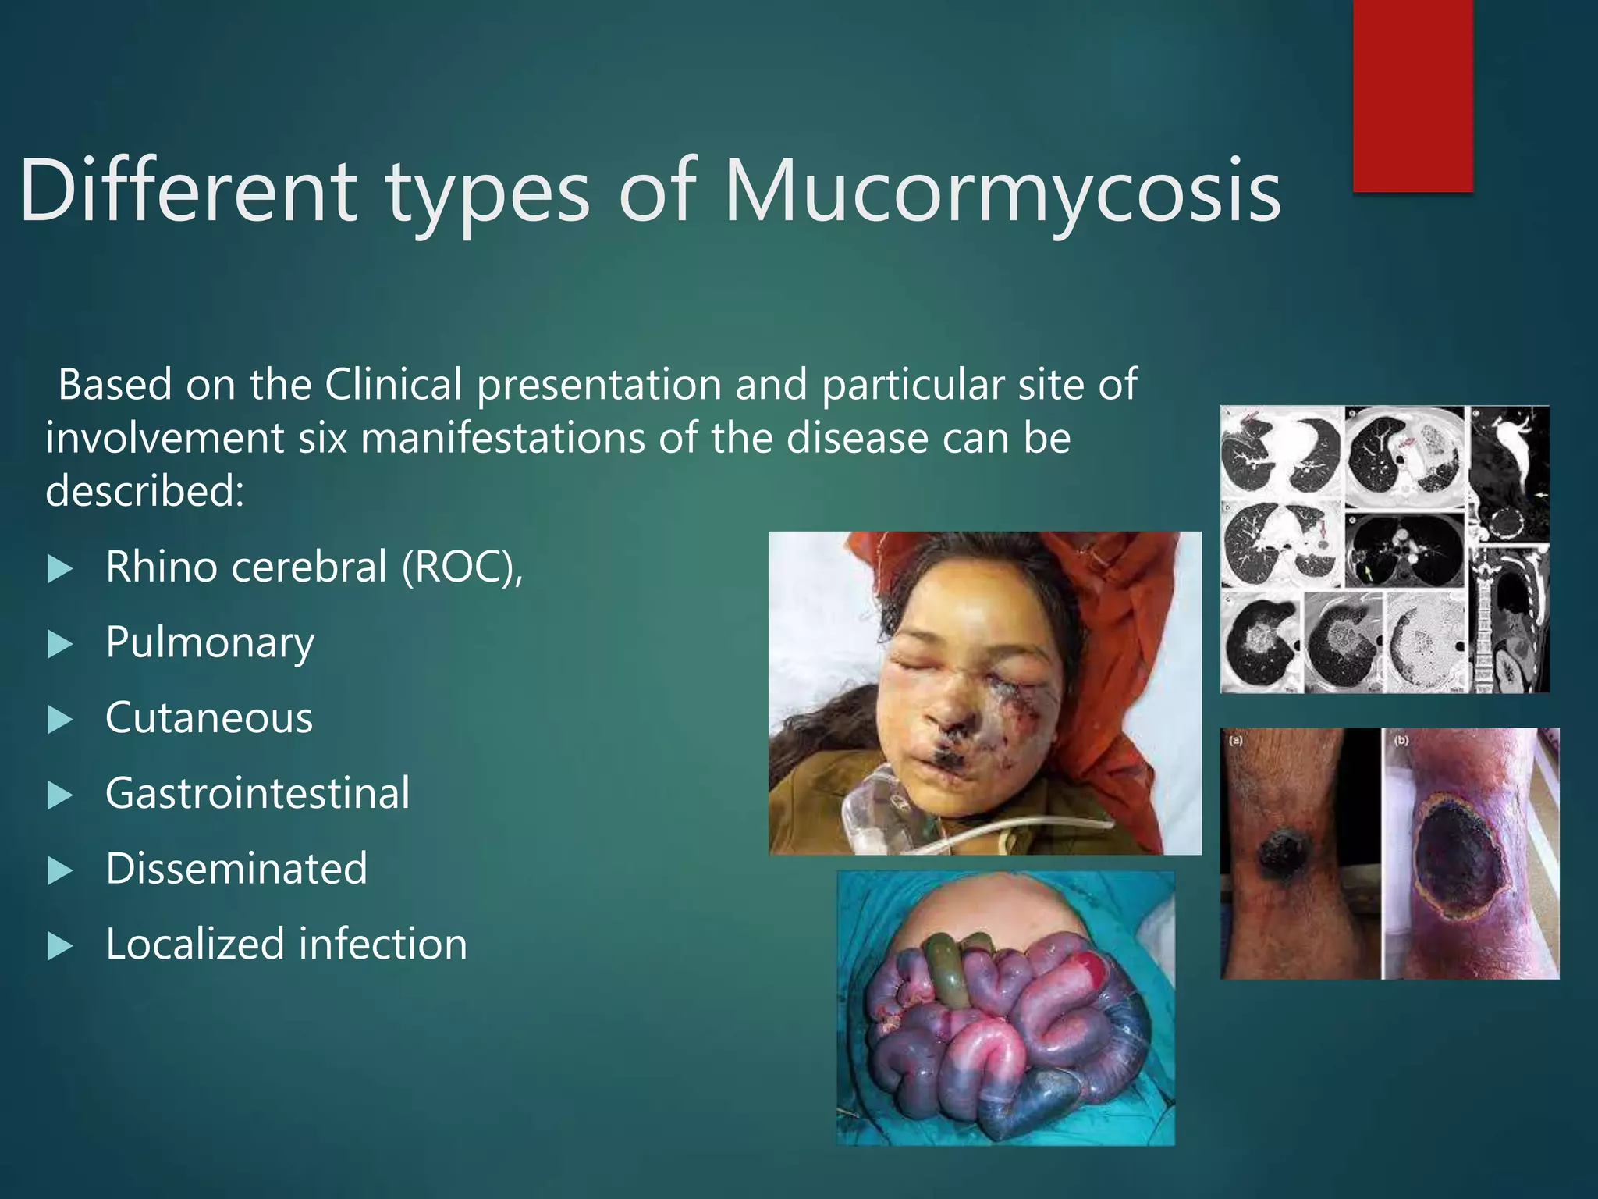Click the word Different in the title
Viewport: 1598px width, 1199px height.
click(187, 190)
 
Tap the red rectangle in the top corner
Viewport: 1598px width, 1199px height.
click(1412, 94)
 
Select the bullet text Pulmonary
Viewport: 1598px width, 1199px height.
click(210, 642)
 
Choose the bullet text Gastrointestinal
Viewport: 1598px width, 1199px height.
click(257, 793)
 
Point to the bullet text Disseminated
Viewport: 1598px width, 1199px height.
click(236, 869)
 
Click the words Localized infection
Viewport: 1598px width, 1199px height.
click(286, 944)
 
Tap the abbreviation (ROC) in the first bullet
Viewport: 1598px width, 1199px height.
click(462, 567)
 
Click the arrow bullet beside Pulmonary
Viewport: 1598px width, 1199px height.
click(59, 645)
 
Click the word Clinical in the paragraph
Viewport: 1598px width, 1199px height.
click(393, 385)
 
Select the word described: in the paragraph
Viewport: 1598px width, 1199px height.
click(145, 491)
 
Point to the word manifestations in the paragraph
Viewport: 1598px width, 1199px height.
click(502, 438)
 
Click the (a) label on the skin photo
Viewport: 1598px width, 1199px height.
click(1236, 740)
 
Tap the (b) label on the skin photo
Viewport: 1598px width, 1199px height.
click(1401, 740)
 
